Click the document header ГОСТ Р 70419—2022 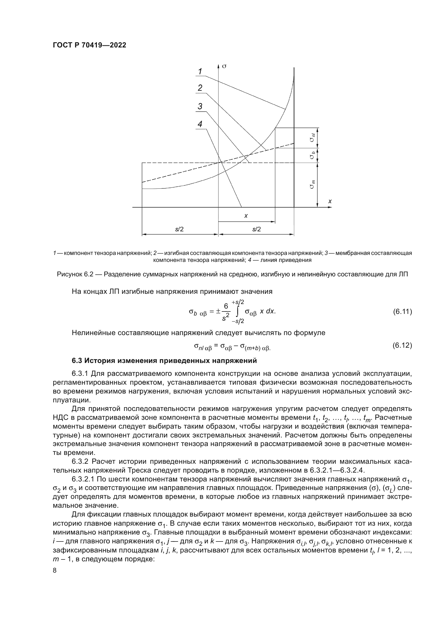[89, 45]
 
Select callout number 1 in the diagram [200, 72]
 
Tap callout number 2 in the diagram [200, 88]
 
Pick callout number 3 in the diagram [200, 106]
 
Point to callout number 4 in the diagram [200, 124]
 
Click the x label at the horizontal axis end [330, 201]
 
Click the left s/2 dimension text [179, 229]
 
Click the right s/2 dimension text [256, 229]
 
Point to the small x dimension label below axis [246, 216]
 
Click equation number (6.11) [402, 311]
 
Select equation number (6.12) [402, 346]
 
